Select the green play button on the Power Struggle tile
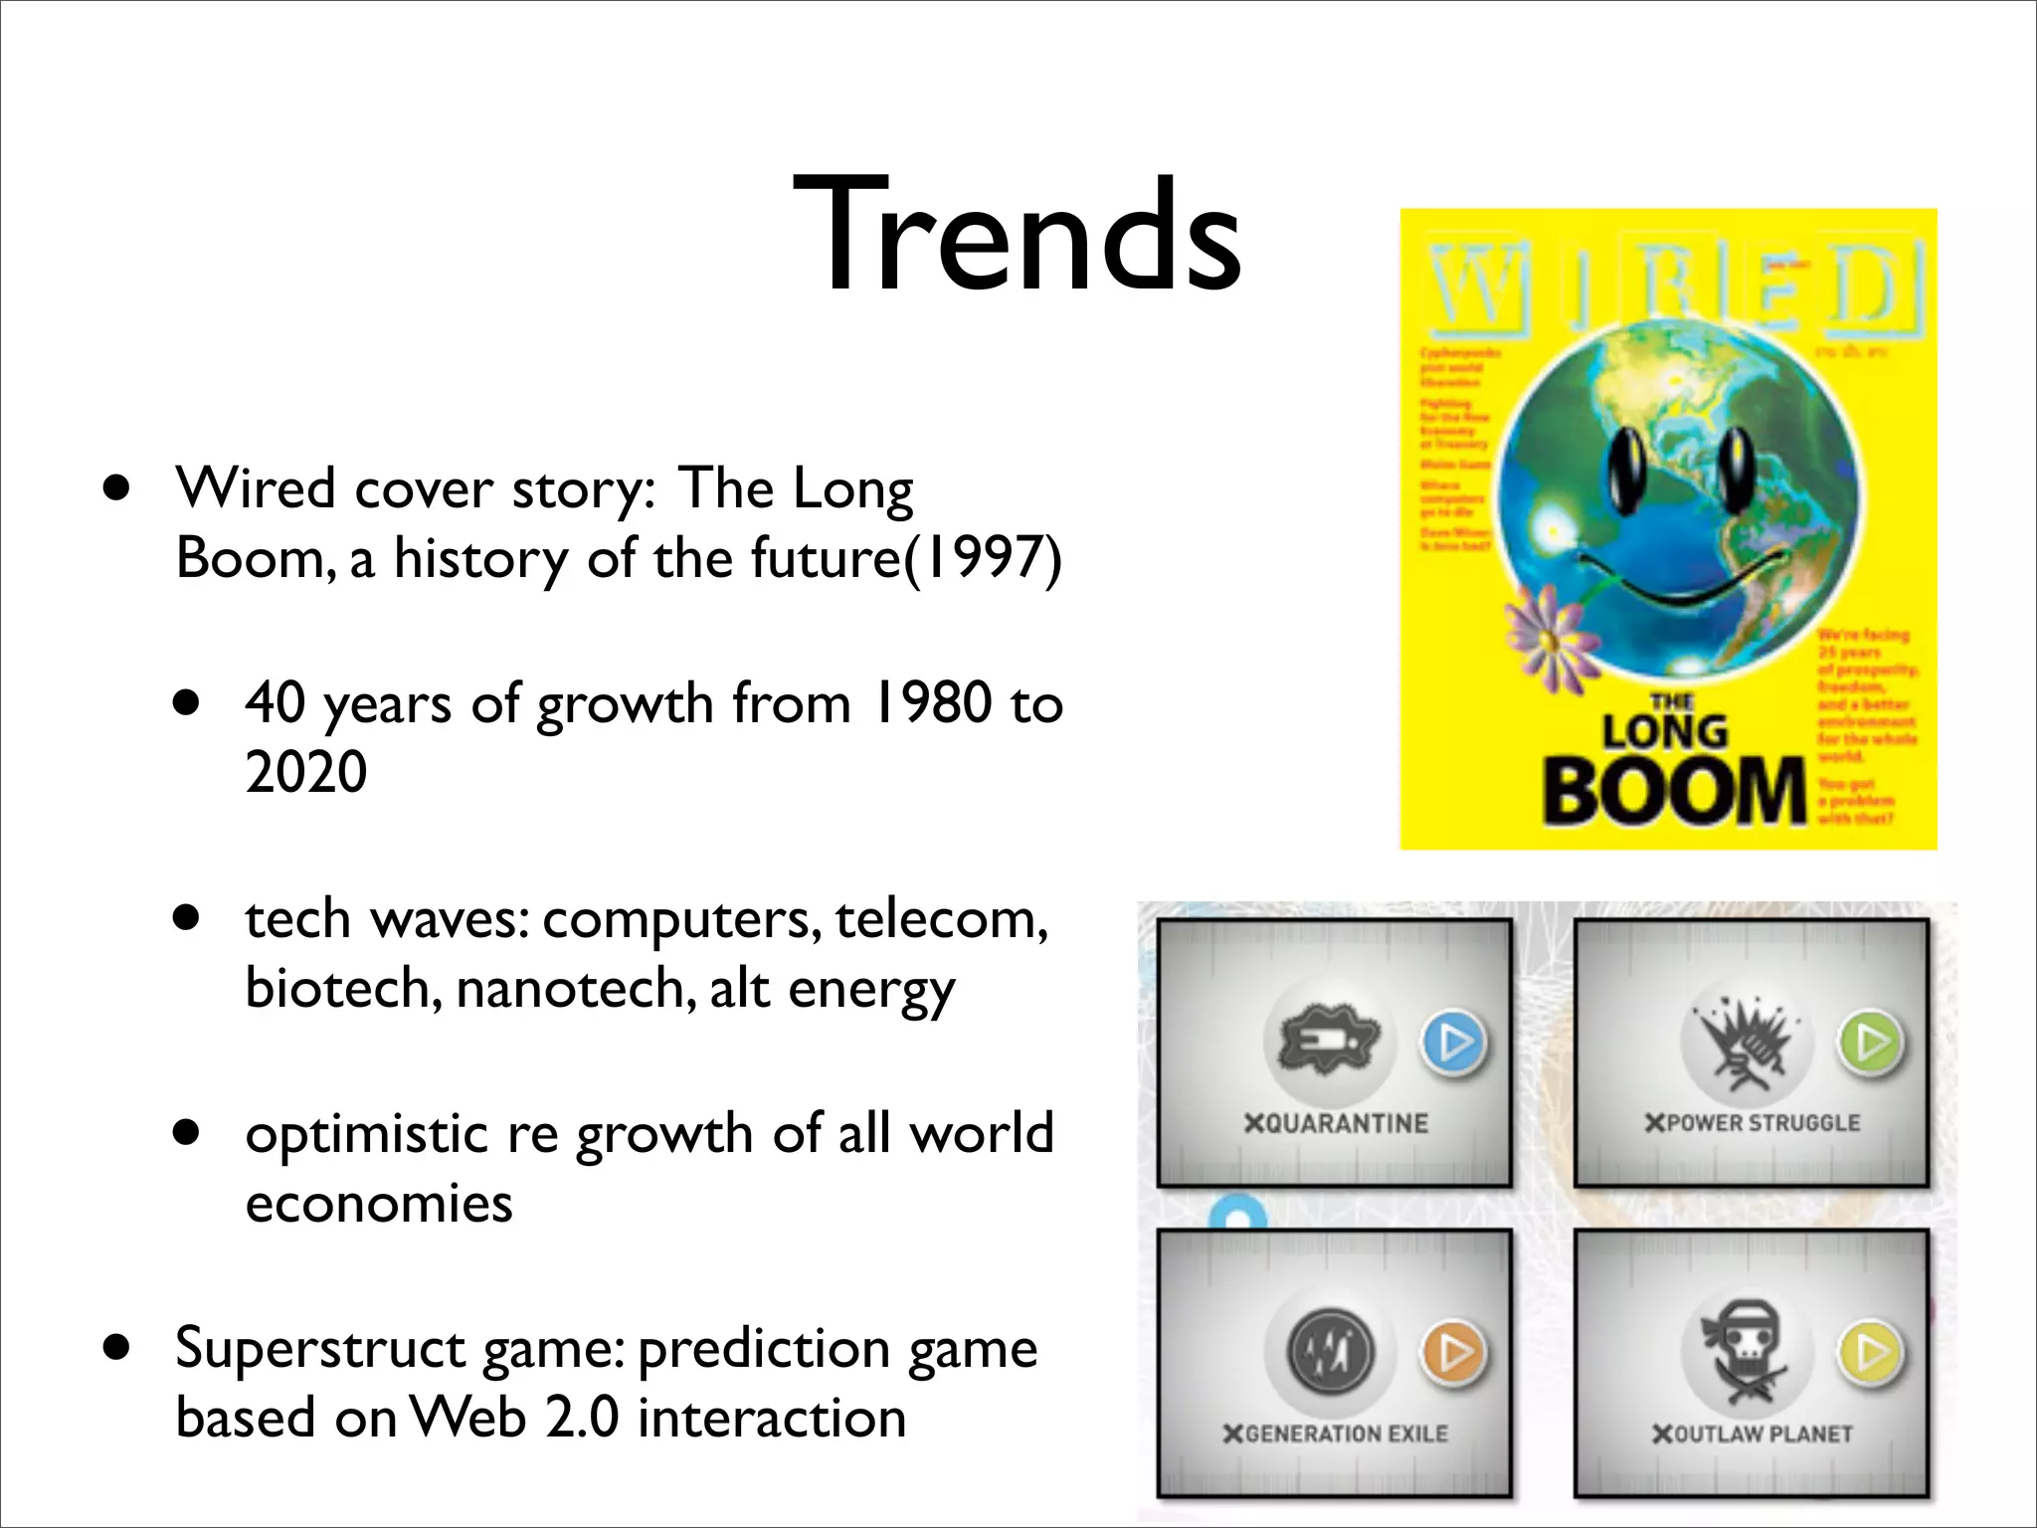click(1871, 1042)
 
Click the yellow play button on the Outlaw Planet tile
click(1871, 1352)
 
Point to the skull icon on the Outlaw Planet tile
click(1745, 1351)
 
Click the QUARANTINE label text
click(1336, 1123)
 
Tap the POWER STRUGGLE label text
click(1753, 1123)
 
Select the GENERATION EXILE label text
click(1336, 1433)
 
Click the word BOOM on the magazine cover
click(1673, 791)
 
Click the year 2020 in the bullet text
click(305, 772)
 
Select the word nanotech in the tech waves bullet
click(576, 989)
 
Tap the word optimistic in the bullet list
click(367, 1133)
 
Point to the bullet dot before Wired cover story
click(117, 488)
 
